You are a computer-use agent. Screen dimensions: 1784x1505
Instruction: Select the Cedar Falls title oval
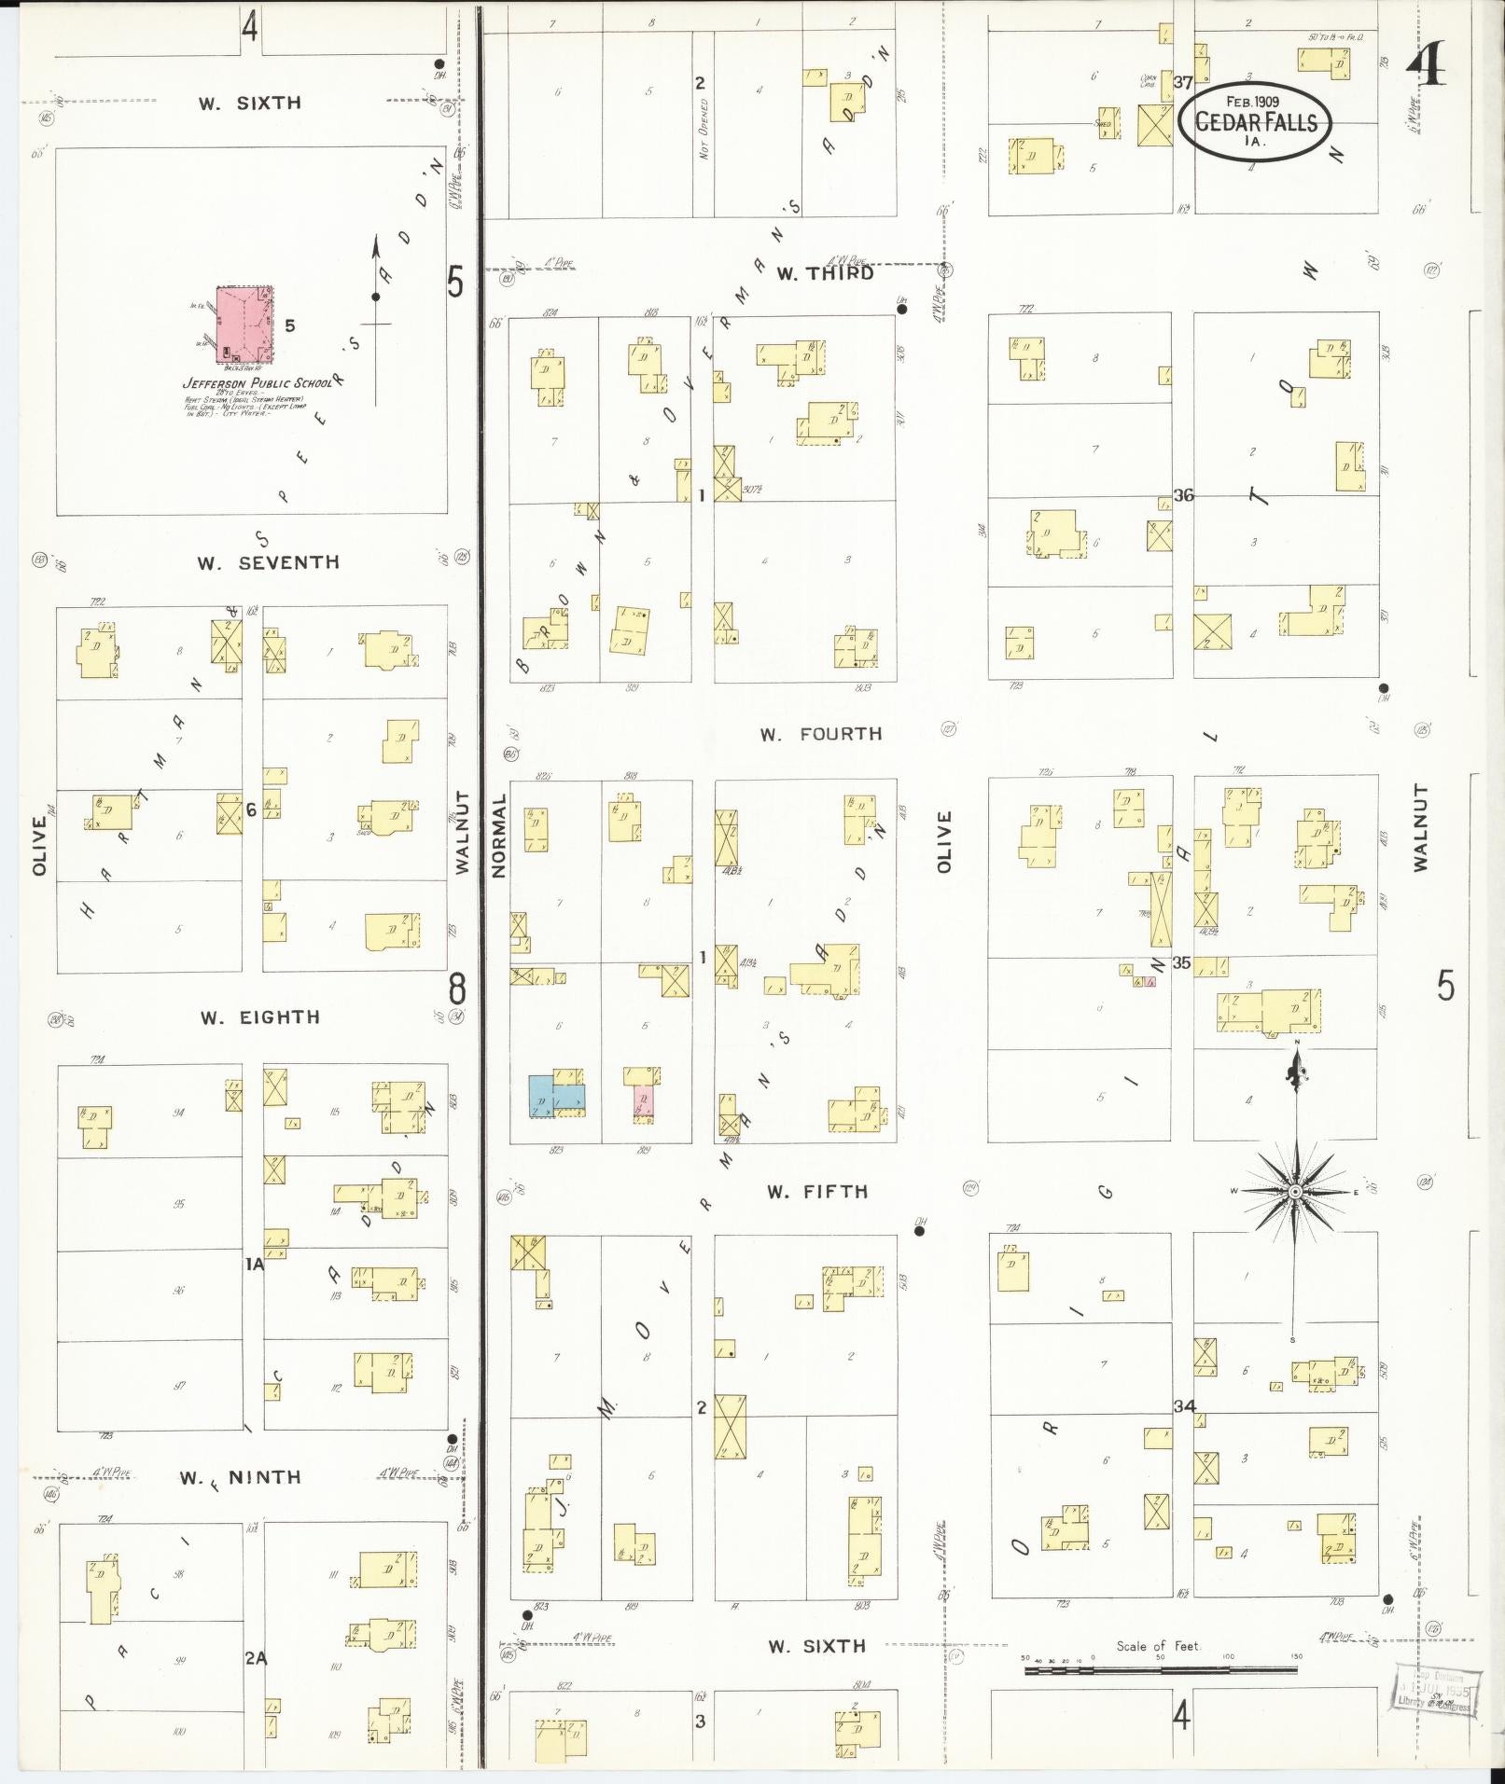click(x=1256, y=122)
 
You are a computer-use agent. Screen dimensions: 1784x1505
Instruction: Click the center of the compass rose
click(x=1295, y=1193)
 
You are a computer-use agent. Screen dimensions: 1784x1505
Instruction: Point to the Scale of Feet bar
click(x=1162, y=1670)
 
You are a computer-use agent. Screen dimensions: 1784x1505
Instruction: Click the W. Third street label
click(x=826, y=273)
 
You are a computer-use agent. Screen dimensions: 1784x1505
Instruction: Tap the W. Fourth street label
click(x=821, y=734)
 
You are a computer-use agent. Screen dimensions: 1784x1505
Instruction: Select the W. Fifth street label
click(x=817, y=1192)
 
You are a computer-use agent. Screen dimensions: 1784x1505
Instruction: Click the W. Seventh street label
click(x=268, y=562)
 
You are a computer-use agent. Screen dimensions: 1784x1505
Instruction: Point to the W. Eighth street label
click(x=259, y=1017)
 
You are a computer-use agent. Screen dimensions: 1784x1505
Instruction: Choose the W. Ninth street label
click(x=241, y=1477)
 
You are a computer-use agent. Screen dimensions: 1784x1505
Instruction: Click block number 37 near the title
click(x=1183, y=82)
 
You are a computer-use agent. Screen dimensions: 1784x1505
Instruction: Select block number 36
click(x=1183, y=495)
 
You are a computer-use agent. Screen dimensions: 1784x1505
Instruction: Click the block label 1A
click(x=254, y=1265)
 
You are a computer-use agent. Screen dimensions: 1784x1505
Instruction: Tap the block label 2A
click(x=256, y=1658)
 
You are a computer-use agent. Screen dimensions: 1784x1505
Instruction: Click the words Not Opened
click(x=705, y=129)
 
